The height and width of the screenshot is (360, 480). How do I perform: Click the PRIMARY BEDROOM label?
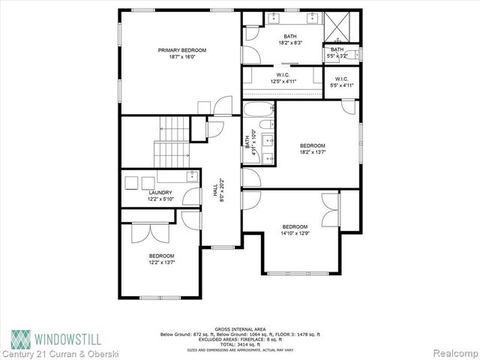[181, 50]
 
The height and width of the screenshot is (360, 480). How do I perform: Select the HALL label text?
[215, 193]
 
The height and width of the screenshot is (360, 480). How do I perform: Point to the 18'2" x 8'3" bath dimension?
[289, 44]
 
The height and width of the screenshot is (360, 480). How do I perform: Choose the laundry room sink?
[191, 177]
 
